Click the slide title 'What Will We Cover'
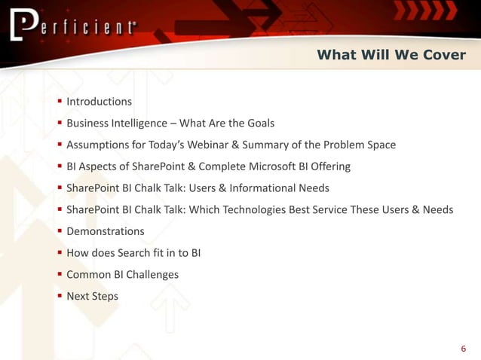point(391,54)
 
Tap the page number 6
point(463,348)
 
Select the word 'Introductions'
point(99,102)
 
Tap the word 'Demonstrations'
point(106,231)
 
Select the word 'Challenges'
point(152,275)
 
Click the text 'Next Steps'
point(92,296)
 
